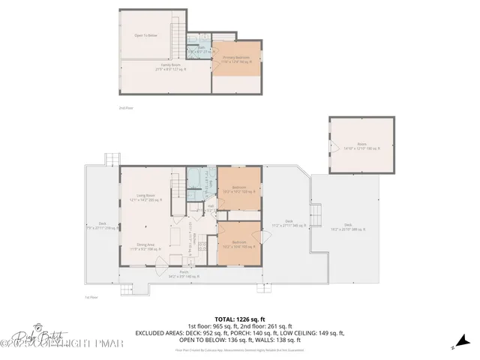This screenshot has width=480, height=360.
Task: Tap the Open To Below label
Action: [x=145, y=35]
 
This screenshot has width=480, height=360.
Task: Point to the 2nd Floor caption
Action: [x=125, y=109]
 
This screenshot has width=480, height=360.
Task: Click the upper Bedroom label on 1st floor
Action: [x=239, y=188]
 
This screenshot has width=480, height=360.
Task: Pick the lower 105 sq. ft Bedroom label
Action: [x=239, y=244]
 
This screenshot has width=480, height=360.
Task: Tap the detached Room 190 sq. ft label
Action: [x=358, y=147]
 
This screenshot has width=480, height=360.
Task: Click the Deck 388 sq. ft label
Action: [x=347, y=226]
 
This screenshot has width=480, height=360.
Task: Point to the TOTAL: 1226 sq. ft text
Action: [x=239, y=318]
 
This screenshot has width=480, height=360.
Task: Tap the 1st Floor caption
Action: [x=91, y=297]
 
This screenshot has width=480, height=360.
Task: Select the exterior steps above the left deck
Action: [x=112, y=159]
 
